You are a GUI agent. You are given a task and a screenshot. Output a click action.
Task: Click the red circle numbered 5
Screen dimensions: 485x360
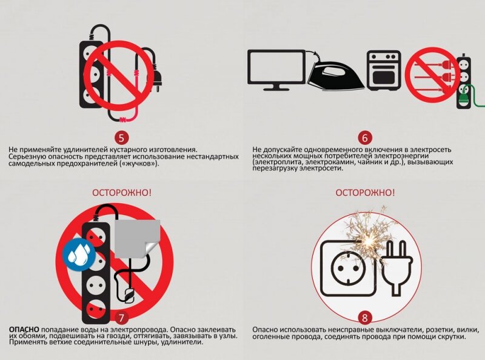point(121,138)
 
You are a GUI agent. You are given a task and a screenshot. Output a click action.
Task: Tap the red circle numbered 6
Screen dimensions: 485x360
point(365,138)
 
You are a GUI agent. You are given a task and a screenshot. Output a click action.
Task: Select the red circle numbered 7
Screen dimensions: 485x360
point(121,318)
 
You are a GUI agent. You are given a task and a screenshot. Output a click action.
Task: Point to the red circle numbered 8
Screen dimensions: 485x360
point(365,318)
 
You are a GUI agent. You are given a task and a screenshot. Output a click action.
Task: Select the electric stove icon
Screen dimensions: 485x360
point(384,71)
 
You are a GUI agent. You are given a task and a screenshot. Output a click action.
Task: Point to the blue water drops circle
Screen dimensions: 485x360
point(79,254)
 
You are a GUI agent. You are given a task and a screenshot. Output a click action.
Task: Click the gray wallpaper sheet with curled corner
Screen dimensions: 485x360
point(138,239)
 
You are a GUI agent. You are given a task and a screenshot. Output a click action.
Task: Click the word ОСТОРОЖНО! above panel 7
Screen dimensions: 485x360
point(122,193)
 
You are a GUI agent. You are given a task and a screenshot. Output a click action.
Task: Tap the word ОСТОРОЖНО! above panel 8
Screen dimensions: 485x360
point(366,193)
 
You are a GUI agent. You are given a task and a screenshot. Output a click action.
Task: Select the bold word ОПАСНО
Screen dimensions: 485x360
point(24,330)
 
